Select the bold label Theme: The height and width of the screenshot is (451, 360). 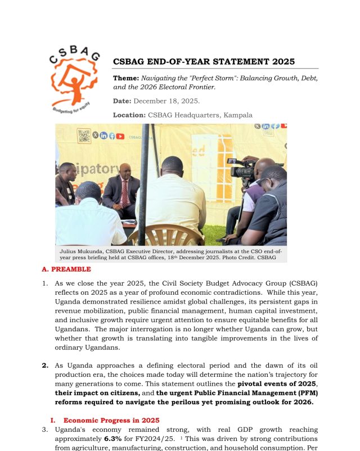tap(126, 78)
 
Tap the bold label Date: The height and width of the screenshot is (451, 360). tap(122, 101)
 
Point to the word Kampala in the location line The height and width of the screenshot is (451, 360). tap(238, 115)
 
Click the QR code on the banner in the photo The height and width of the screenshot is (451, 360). tap(84, 136)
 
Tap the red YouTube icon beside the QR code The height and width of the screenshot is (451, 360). tap(121, 136)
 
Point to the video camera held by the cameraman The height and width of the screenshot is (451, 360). tap(244, 169)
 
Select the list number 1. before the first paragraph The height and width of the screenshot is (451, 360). tap(45, 284)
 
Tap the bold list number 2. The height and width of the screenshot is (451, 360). tap(45, 366)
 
